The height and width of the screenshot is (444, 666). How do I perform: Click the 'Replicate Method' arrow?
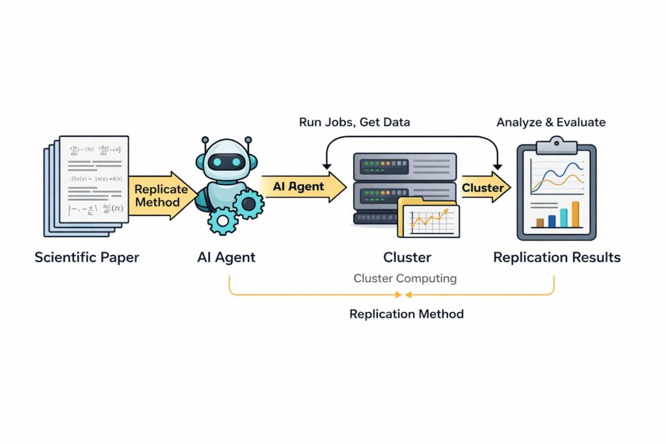160,195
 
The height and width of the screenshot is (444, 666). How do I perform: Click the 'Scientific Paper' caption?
87,257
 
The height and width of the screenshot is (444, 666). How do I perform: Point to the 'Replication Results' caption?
557,257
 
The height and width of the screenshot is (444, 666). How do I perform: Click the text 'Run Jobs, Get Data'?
354,122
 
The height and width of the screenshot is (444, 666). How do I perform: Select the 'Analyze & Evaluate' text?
551,122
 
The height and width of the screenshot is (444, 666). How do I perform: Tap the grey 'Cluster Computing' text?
405,278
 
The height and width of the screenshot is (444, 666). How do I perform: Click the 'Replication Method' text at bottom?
406,314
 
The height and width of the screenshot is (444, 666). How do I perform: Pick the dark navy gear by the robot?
248,203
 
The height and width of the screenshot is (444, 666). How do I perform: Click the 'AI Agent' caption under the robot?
226,257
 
